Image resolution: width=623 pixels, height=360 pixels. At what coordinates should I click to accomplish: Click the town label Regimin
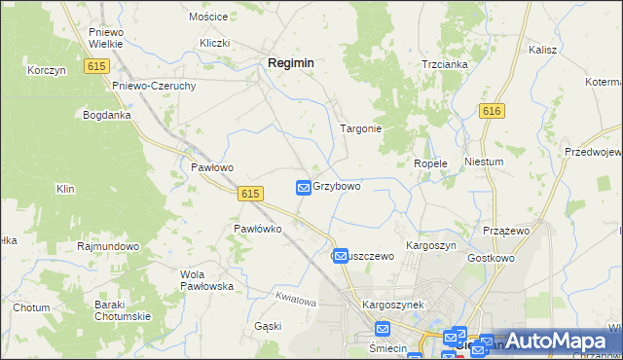click(290, 62)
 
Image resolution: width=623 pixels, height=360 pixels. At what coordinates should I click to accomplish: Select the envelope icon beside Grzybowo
click(303, 187)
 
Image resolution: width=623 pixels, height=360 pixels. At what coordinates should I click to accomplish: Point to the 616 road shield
click(492, 112)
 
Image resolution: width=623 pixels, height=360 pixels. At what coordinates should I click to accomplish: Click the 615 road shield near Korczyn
click(95, 66)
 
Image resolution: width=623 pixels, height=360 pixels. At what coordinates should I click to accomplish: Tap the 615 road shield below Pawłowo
click(249, 194)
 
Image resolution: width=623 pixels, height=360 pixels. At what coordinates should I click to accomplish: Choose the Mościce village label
click(208, 18)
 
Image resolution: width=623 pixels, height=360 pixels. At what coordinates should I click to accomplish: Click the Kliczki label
click(214, 43)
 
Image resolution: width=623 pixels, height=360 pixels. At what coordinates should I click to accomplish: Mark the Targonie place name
click(359, 128)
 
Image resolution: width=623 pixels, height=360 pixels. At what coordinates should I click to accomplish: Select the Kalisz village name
click(542, 49)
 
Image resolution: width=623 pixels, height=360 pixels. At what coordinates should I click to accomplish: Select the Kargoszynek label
click(393, 305)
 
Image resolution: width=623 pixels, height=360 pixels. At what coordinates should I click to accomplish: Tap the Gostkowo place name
click(491, 258)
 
